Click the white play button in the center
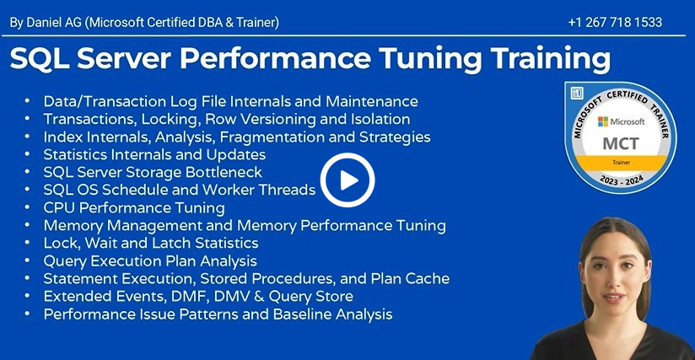click(x=347, y=180)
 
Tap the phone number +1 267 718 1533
click(x=615, y=22)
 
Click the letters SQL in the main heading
click(x=40, y=58)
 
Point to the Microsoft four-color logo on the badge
click(x=603, y=121)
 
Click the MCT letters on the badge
click(x=621, y=143)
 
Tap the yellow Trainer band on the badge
click(x=621, y=163)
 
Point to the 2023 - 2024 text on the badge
click(x=622, y=180)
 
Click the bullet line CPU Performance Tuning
click(x=134, y=207)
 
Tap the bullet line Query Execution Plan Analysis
click(x=150, y=261)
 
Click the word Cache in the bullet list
click(x=428, y=278)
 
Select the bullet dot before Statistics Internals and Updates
click(x=28, y=154)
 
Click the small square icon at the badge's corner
click(x=577, y=93)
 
